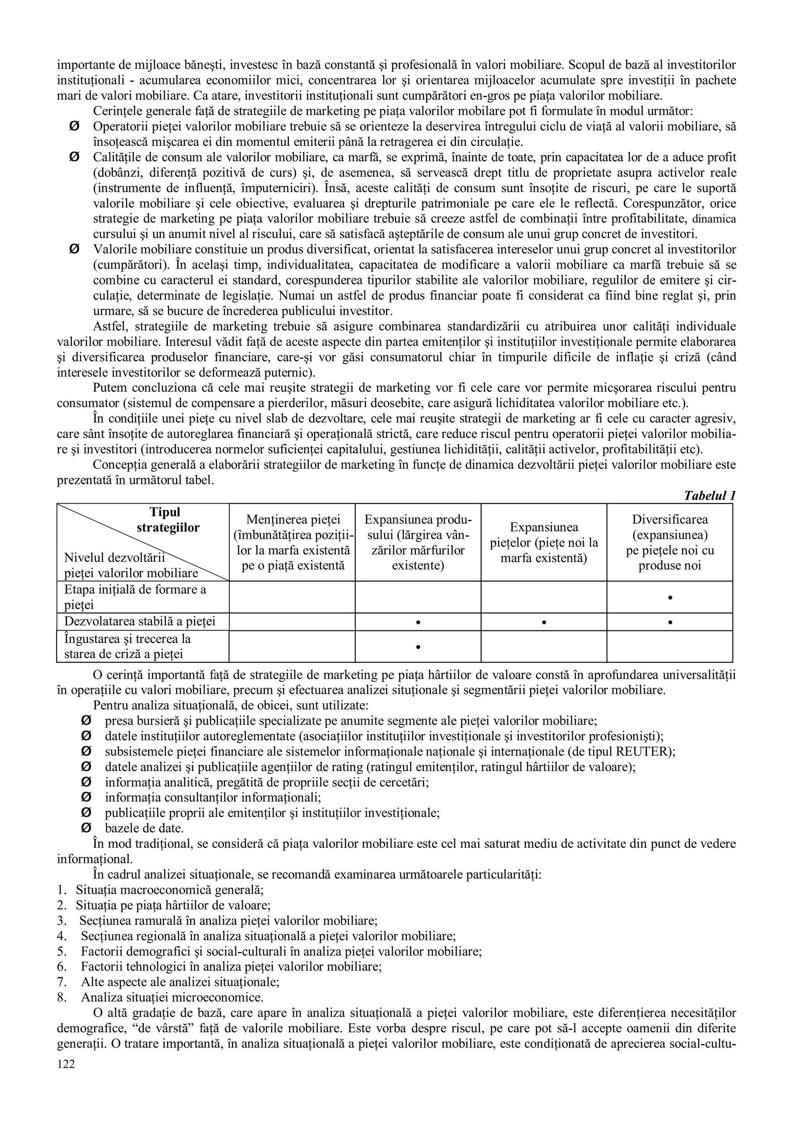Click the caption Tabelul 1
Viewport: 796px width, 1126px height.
pyautogui.click(x=709, y=495)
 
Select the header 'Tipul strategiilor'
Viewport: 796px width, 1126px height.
pyautogui.click(x=167, y=520)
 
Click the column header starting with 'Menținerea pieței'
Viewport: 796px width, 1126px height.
pyautogui.click(x=293, y=542)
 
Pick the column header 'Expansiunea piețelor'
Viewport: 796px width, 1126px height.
pyautogui.click(x=543, y=542)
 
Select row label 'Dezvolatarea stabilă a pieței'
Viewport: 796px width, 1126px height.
pyautogui.click(x=140, y=622)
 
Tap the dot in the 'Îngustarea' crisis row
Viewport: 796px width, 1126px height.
pyautogui.click(x=418, y=647)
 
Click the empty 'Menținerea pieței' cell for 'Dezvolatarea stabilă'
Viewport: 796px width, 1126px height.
pyautogui.click(x=292, y=622)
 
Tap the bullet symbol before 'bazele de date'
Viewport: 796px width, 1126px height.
pyautogui.click(x=86, y=828)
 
